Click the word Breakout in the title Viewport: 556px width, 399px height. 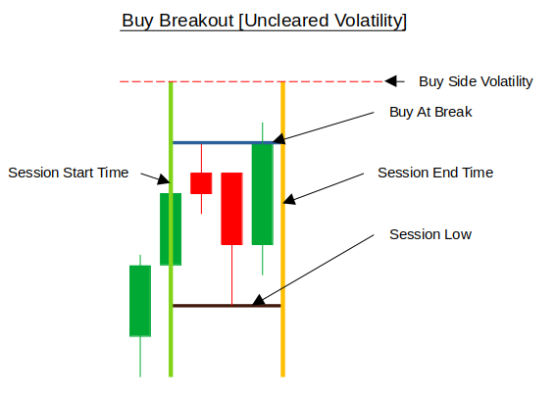pyautogui.click(x=196, y=21)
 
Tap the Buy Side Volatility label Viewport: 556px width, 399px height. pyautogui.click(x=476, y=81)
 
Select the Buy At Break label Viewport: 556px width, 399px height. pyautogui.click(x=430, y=112)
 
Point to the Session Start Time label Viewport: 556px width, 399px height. pyautogui.click(x=68, y=173)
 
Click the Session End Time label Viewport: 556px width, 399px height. pyautogui.click(x=435, y=173)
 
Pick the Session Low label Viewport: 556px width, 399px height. pyautogui.click(x=430, y=234)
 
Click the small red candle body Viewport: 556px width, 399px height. pyautogui.click(x=201, y=183)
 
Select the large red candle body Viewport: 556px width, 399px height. pyautogui.click(x=231, y=209)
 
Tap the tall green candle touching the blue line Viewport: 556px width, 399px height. pyautogui.click(x=263, y=194)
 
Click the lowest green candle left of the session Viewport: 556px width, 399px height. pyautogui.click(x=140, y=301)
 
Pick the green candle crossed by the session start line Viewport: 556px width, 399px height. pyautogui.click(x=171, y=229)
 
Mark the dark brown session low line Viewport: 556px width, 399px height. pyautogui.click(x=227, y=306)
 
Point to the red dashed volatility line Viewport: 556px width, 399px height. pyautogui.click(x=252, y=81)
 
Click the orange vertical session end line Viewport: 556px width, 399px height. pyautogui.click(x=283, y=229)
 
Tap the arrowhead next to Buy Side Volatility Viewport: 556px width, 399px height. pyautogui.click(x=390, y=81)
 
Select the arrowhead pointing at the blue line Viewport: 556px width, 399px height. pyautogui.click(x=279, y=139)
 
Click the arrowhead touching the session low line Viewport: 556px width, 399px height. pyautogui.click(x=259, y=301)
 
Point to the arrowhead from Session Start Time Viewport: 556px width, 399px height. pyautogui.click(x=164, y=179)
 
